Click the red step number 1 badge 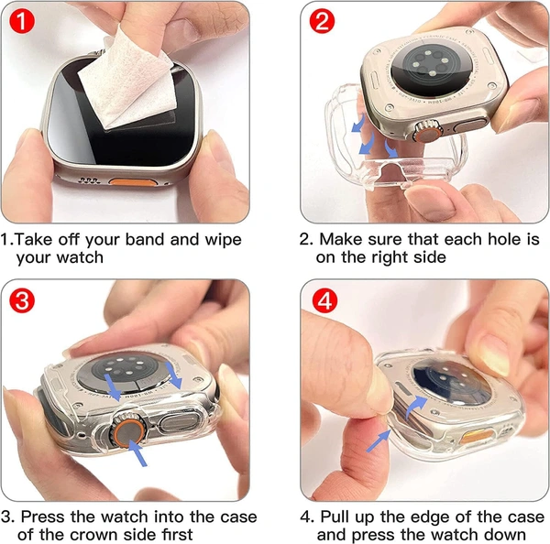(x=22, y=21)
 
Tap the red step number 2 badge (x=322, y=21)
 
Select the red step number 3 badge (x=22, y=300)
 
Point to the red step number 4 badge (x=324, y=300)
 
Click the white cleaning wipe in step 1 (x=127, y=81)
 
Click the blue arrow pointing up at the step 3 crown (x=137, y=452)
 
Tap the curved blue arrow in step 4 (x=414, y=406)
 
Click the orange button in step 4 (x=477, y=437)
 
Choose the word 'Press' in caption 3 (x=42, y=517)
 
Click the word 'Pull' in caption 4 (x=335, y=517)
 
